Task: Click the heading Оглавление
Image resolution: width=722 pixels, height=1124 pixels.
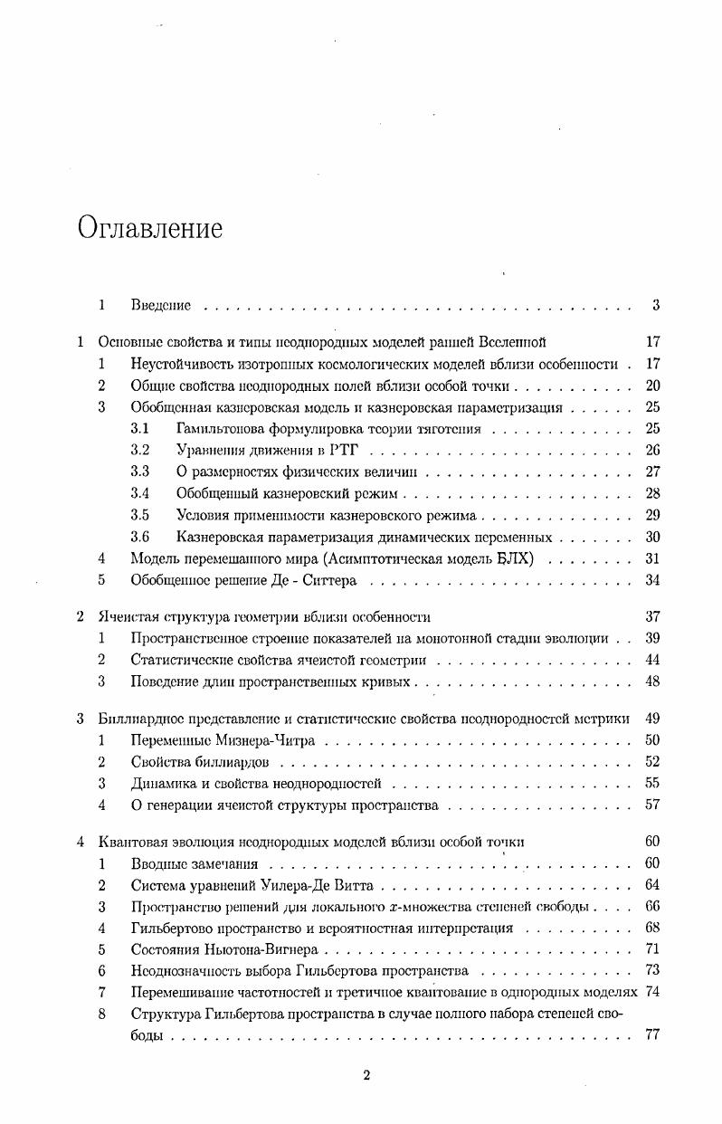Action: tap(149, 228)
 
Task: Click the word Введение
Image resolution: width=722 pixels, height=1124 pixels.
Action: tap(160, 307)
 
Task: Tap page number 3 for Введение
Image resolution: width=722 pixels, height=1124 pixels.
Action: tap(655, 306)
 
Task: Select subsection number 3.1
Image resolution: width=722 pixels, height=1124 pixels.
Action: tap(139, 428)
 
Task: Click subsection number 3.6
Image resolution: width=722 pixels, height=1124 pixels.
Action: tap(139, 537)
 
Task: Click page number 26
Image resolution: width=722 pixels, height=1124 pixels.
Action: tap(652, 450)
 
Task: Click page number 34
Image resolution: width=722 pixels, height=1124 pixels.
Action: tap(652, 580)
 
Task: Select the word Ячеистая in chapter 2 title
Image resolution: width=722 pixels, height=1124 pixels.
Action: tap(125, 617)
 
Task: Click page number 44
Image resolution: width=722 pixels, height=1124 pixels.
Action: tap(652, 661)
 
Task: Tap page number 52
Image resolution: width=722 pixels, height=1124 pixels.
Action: tap(652, 762)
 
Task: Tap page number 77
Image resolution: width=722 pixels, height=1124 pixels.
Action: tap(652, 1035)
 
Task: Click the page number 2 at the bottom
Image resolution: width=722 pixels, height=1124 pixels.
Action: tap(366, 1075)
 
